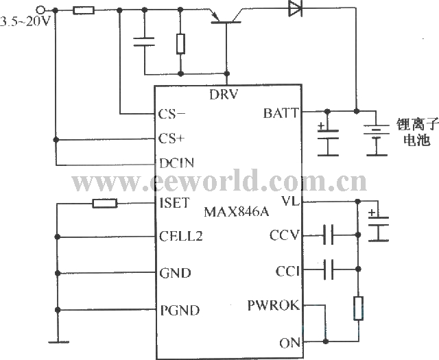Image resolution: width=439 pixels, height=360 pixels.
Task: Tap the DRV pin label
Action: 224,95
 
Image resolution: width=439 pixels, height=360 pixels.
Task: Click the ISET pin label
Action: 171,203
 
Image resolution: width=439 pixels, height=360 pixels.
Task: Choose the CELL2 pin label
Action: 180,237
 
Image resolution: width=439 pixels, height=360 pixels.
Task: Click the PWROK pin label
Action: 274,306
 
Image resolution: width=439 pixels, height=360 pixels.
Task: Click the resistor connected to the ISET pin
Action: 104,203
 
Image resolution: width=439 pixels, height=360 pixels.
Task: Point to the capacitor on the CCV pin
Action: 329,237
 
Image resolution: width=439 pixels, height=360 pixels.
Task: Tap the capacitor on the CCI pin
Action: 329,271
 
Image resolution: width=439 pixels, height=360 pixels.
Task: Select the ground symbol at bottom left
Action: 60,341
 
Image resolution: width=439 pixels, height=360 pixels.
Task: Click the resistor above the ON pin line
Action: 357,309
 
